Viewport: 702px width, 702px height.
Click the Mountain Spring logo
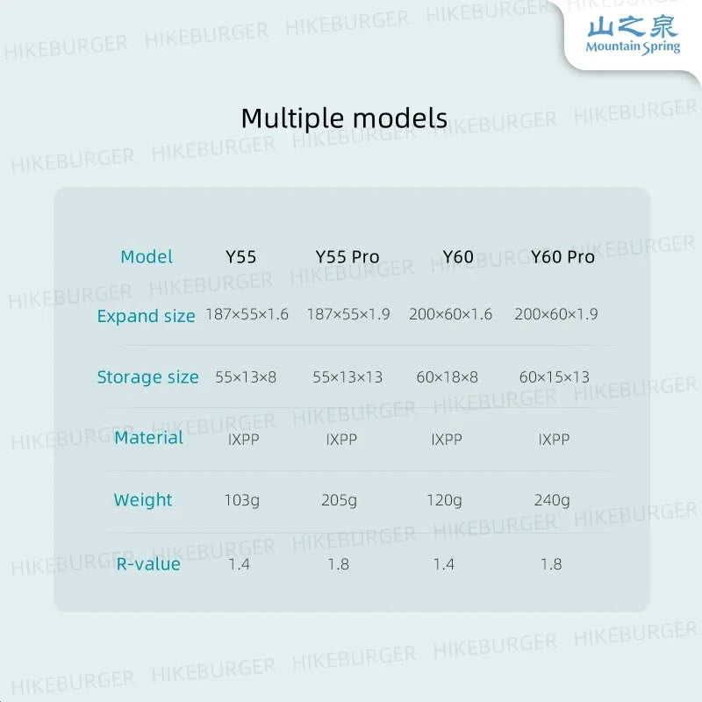633,35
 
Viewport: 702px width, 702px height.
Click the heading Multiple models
344,118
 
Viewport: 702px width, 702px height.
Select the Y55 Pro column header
347,257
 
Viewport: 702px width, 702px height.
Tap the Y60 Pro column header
562,257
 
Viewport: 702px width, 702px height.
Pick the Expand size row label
146,316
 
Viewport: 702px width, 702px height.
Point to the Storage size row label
147,377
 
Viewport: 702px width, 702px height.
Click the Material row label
148,437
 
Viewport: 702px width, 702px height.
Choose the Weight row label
143,500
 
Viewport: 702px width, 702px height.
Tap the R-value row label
148,564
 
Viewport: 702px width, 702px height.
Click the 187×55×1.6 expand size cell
247,314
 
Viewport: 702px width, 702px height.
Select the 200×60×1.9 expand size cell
556,314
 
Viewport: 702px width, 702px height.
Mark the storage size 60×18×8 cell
447,377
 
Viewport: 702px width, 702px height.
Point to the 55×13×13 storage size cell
347,377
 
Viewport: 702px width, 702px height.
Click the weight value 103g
242,500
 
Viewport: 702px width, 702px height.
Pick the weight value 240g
552,500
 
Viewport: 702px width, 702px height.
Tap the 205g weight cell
339,500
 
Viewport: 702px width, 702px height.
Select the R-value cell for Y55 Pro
338,564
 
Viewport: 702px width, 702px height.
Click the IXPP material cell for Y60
447,440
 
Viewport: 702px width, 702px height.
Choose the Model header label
147,257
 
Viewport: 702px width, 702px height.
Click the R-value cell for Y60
444,564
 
